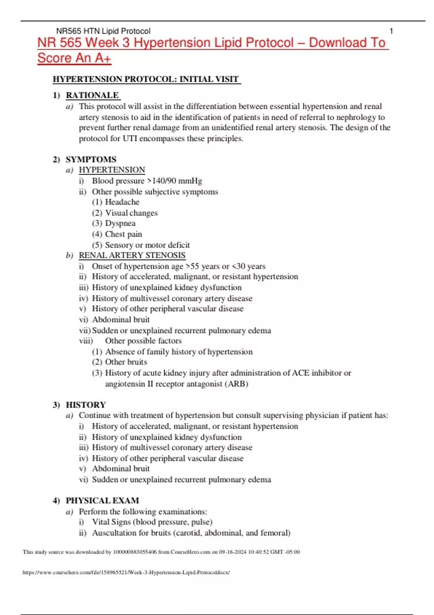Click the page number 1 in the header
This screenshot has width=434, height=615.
click(391, 31)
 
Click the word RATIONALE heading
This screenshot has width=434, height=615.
click(92, 95)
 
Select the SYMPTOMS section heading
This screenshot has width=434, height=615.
click(91, 160)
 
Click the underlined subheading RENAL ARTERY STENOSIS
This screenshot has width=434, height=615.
click(132, 255)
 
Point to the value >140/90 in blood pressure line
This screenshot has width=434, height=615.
click(162, 181)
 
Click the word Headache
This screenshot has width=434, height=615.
click(122, 202)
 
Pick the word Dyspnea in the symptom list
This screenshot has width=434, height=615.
click(120, 224)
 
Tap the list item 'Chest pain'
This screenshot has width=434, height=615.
click(123, 234)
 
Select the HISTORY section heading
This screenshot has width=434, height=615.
click(86, 405)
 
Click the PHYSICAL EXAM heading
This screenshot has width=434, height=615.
click(102, 501)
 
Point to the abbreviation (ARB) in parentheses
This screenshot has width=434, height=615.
click(237, 384)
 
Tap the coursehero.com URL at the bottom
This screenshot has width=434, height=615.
click(126, 572)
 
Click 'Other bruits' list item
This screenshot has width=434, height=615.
click(126, 362)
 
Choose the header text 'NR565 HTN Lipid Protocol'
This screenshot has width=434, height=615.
click(103, 31)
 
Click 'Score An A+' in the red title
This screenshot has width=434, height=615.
click(74, 58)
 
